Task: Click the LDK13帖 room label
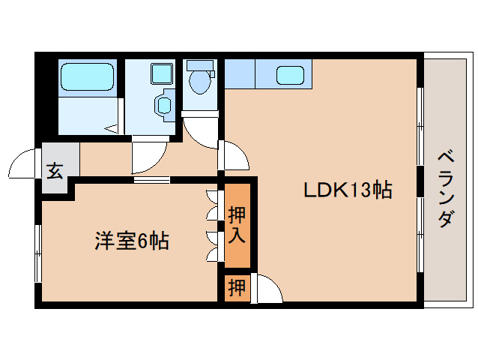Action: [x=348, y=190]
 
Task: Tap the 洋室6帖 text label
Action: [x=131, y=241]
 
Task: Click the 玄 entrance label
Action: [x=55, y=170]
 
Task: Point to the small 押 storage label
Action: [x=237, y=287]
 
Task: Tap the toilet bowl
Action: [x=199, y=80]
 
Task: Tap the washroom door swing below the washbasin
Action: [x=148, y=157]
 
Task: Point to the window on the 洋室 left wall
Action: [x=37, y=253]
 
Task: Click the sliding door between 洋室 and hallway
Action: [x=151, y=179]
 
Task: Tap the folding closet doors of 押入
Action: [x=212, y=225]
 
